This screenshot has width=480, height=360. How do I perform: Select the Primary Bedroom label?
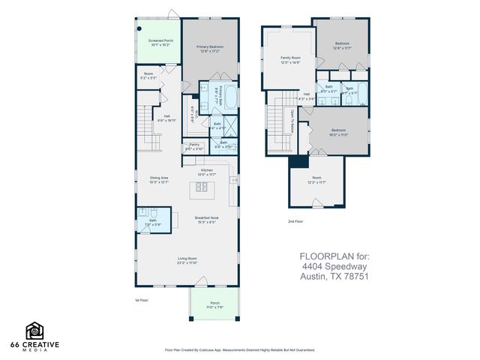tap(210, 46)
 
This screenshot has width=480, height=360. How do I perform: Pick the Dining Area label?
tap(158, 178)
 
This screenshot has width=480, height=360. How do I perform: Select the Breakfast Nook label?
tap(206, 218)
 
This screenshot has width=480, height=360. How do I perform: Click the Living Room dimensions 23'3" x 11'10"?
tap(187, 263)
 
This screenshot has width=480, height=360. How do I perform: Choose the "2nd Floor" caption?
tap(295, 221)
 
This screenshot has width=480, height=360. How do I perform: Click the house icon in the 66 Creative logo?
tap(34, 329)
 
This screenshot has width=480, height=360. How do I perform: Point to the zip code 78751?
tap(355, 275)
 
